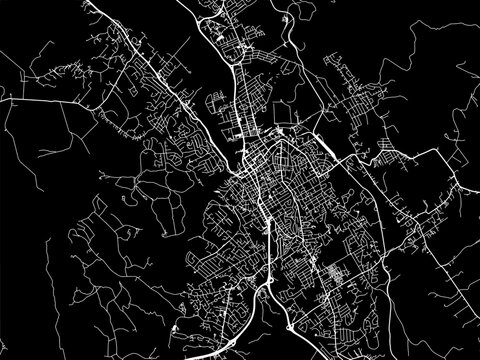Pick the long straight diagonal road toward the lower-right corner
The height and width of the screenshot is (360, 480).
[x=420, y=300]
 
